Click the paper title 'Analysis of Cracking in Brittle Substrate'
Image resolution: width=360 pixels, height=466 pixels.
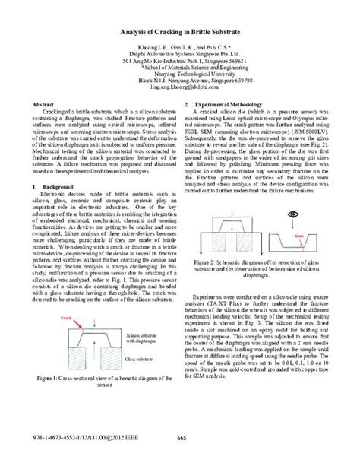coord(179,33)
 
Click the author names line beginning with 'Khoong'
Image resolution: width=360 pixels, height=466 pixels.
coord(179,48)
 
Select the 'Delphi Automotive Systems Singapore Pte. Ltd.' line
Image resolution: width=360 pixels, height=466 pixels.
coord(179,55)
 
